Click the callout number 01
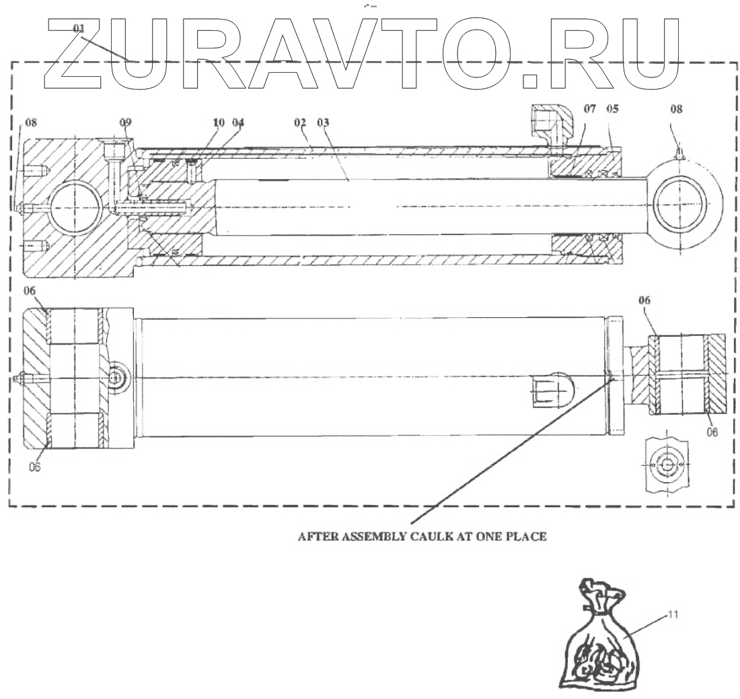(79, 29)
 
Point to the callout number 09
(126, 123)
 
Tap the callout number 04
(237, 123)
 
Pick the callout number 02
(300, 123)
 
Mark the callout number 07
(589, 108)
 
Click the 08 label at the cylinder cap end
(31, 123)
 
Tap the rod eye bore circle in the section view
(683, 205)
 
